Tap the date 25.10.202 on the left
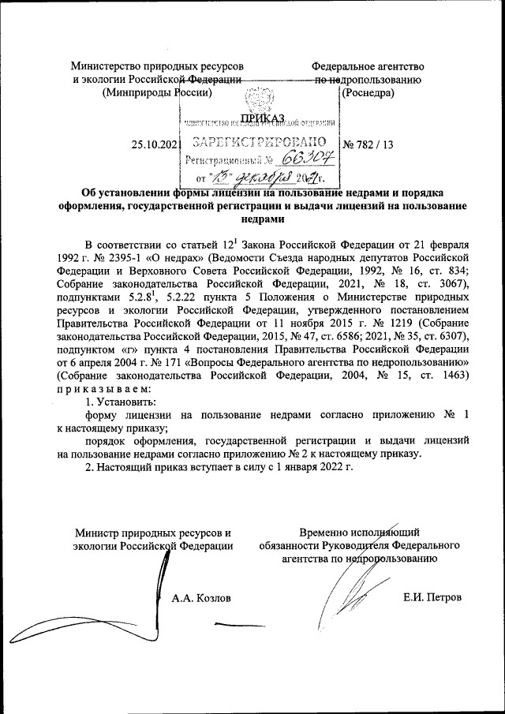155,144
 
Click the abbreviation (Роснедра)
368,94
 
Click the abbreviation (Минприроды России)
158,94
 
